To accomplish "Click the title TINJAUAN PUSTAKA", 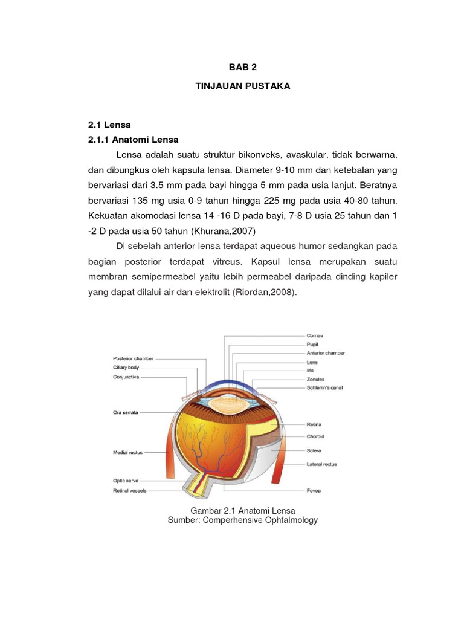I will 242,86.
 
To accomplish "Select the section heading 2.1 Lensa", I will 110,124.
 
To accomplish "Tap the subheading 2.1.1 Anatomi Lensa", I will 134,140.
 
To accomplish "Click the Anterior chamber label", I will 326,353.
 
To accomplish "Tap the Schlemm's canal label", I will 325,387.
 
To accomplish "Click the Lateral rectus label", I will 321,464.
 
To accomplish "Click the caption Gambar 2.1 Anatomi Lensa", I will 242,511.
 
